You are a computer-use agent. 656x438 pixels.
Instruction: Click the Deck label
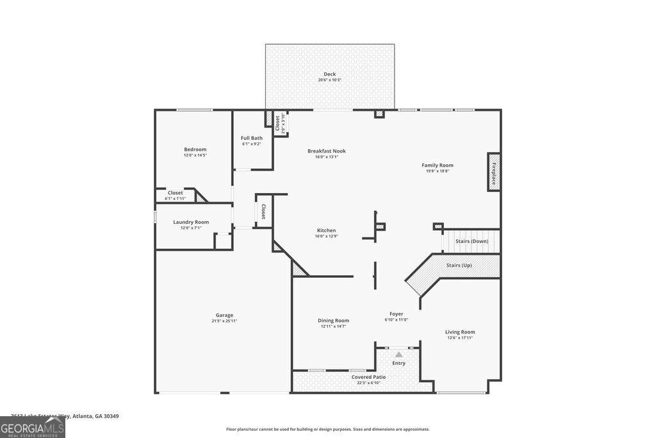click(329, 74)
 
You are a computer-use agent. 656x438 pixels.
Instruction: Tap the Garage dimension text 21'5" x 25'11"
click(224, 321)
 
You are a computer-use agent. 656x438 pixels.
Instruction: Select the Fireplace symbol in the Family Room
click(494, 172)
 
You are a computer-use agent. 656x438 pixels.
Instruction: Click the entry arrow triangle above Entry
click(398, 354)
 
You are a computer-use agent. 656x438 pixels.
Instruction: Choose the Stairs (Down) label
click(471, 241)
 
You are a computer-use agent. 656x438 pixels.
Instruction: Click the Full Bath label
click(252, 138)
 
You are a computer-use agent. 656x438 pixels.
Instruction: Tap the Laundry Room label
click(191, 222)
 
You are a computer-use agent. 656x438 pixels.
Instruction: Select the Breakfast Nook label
click(326, 151)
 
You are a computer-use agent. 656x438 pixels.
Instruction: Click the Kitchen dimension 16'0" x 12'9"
click(326, 236)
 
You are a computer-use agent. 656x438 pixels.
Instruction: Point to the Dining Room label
click(333, 321)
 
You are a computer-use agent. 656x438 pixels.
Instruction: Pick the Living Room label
click(460, 332)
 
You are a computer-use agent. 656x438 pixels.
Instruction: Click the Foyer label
click(396, 314)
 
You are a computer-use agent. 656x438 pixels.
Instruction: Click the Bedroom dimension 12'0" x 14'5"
click(195, 155)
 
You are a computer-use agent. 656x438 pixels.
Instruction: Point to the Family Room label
click(437, 165)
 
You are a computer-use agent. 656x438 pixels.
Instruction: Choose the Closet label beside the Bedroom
click(175, 192)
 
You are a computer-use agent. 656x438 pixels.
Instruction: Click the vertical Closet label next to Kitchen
click(263, 212)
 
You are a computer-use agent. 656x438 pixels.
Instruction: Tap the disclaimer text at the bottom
click(327, 429)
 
